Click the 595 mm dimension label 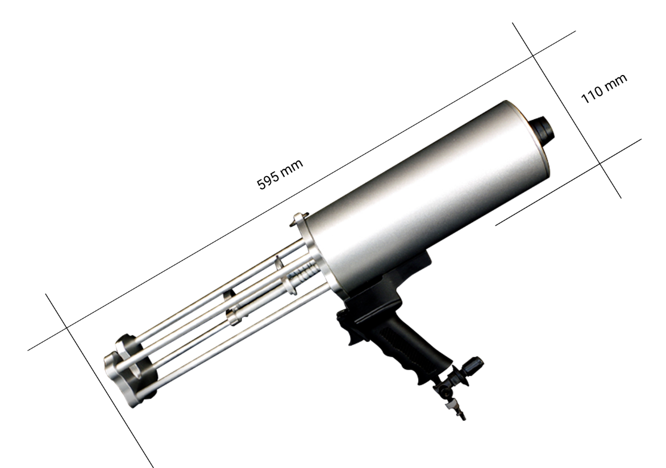280,174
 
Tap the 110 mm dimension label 603,89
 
